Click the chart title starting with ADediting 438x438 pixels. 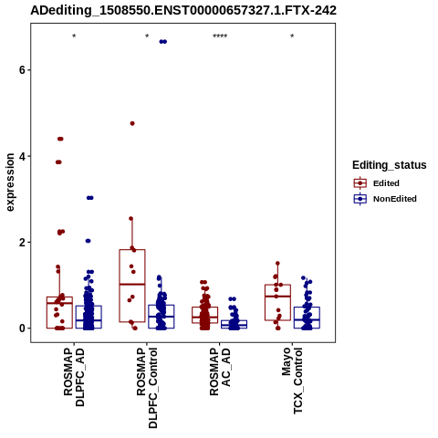[183, 11]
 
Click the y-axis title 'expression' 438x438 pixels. [10, 182]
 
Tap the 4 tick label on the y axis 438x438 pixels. [22, 156]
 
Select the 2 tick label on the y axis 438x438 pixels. [22, 243]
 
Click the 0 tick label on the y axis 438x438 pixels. [22, 328]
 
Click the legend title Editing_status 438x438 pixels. [390, 165]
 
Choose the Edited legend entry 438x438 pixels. [376, 183]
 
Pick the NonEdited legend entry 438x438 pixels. [385, 199]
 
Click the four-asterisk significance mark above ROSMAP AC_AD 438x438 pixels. [220, 36]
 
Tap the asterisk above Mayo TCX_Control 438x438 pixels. [292, 36]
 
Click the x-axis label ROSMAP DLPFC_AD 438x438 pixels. [74, 377]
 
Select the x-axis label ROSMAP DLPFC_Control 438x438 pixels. [147, 388]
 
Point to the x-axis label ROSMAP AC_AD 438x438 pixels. [220, 371]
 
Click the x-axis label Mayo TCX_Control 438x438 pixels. [292, 381]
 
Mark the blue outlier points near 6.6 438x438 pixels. [163, 42]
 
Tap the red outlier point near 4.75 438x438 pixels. [132, 123]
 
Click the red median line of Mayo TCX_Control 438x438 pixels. [277, 296]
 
